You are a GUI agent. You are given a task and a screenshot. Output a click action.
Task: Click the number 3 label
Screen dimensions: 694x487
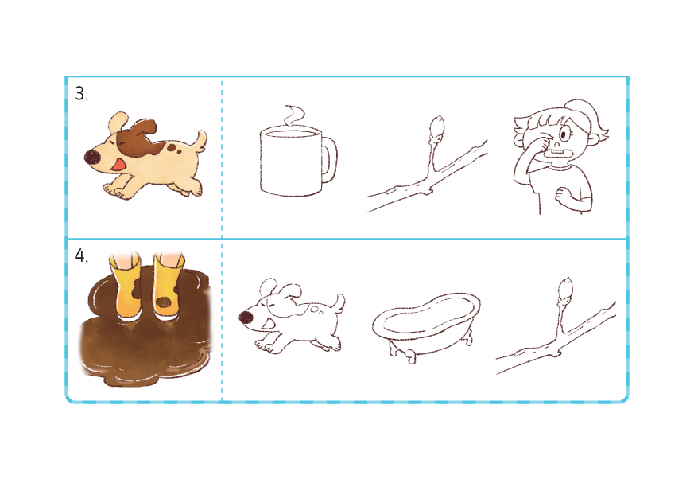point(80,93)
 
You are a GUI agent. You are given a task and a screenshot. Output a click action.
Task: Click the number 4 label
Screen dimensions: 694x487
point(80,255)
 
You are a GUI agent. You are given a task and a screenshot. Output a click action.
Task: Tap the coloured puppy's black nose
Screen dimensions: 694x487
point(91,157)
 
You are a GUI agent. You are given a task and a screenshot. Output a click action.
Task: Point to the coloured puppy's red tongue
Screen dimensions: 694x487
point(118,166)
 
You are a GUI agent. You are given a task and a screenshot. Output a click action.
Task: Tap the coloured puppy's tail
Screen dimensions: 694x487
point(200,141)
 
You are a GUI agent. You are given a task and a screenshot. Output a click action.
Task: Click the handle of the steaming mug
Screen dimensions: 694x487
point(330,158)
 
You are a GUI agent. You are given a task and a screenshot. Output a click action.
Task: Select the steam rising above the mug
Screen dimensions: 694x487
point(294,115)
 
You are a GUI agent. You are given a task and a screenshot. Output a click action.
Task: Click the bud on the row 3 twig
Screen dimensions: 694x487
point(436,126)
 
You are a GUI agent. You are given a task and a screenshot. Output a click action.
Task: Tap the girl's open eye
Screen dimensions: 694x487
point(565,134)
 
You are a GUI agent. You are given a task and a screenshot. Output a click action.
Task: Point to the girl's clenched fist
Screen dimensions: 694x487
point(564,194)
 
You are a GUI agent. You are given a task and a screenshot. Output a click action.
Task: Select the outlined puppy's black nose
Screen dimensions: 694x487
point(246,318)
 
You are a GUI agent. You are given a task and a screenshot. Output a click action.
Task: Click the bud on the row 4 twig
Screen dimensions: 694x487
point(565,288)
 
